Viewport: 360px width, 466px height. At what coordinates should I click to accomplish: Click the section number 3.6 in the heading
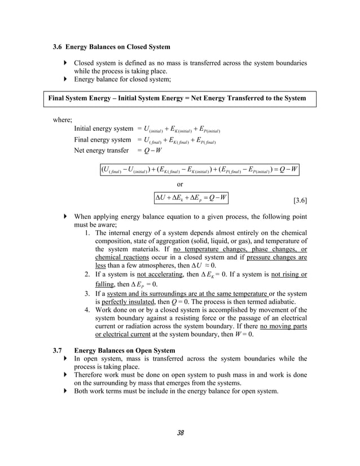[x=58, y=46]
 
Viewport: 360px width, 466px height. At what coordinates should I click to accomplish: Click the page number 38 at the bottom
[x=180, y=433]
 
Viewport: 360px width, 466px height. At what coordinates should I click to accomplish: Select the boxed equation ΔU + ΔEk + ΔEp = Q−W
[x=191, y=197]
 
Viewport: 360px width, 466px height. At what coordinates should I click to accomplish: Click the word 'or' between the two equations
[x=180, y=184]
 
